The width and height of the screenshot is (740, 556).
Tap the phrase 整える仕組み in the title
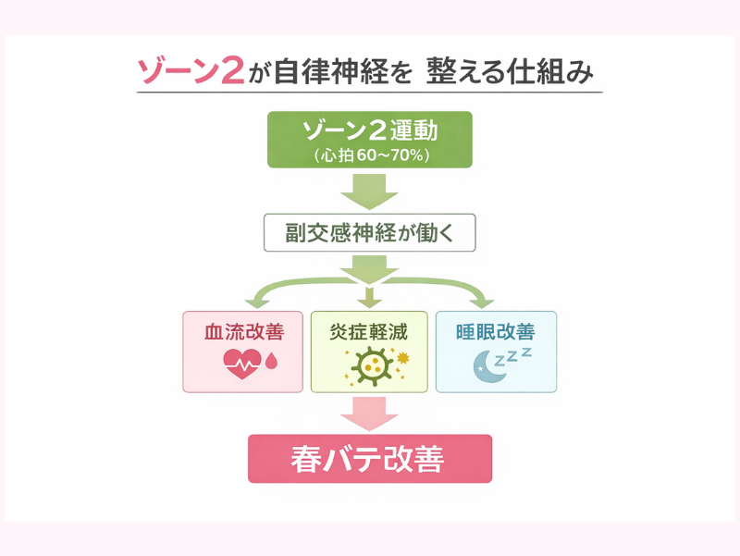509,71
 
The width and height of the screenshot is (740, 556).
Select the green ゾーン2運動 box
369,140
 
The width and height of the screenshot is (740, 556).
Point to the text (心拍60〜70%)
369,155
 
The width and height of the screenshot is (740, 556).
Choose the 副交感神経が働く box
369,233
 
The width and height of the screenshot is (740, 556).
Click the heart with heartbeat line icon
242,363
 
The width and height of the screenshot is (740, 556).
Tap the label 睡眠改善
495,330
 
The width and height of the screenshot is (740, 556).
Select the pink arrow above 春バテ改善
369,412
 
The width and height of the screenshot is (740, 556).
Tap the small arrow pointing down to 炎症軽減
369,298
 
